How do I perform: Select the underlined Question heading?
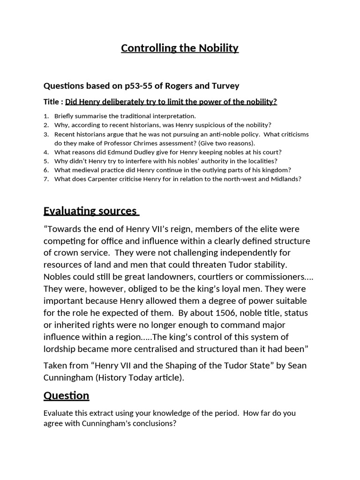(x=66, y=396)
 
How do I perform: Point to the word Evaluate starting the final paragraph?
(x=59, y=413)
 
